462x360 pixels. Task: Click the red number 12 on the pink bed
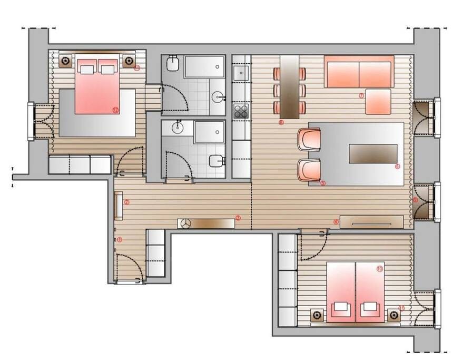pyautogui.click(x=115, y=110)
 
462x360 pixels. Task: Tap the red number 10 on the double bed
pyautogui.click(x=380, y=268)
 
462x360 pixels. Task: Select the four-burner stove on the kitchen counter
pyautogui.click(x=241, y=111)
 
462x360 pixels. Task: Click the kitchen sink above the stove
pyautogui.click(x=241, y=73)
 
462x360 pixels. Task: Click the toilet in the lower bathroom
pyautogui.click(x=216, y=161)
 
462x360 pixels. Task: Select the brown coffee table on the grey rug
pyautogui.click(x=372, y=154)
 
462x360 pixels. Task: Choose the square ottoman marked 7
pyautogui.click(x=378, y=102)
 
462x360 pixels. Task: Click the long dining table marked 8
pyautogui.click(x=289, y=87)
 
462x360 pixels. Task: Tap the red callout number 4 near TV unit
pyautogui.click(x=336, y=221)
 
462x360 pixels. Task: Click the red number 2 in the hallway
pyautogui.click(x=126, y=201)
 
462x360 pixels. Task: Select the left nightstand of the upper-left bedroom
pyautogui.click(x=65, y=61)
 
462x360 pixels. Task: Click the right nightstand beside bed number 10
pyautogui.click(x=394, y=315)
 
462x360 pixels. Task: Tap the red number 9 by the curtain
pyautogui.click(x=415, y=200)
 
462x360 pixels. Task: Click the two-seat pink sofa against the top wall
pyautogui.click(x=359, y=72)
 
